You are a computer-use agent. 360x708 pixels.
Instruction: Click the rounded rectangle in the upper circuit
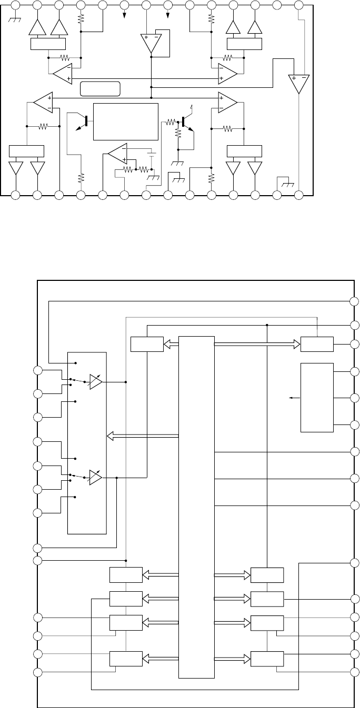101,89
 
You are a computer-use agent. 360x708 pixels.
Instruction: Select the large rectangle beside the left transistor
125,122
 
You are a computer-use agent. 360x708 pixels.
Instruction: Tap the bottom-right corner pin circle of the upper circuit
299,195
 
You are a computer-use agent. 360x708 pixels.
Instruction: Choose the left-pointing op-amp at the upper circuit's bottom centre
117,153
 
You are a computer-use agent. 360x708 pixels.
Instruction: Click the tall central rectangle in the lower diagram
196,507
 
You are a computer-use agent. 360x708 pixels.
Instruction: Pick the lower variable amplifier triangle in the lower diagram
96,478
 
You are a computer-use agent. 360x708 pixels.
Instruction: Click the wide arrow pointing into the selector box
142,436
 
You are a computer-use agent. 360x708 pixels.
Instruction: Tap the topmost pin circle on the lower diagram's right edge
355,301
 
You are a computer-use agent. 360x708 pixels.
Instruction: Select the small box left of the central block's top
147,345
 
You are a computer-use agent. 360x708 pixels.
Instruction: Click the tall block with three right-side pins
317,397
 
